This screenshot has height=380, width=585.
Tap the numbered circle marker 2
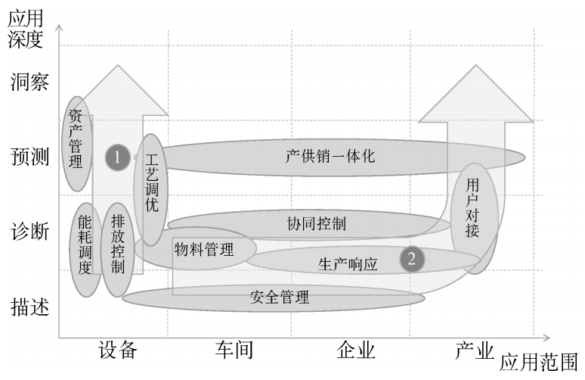click(412, 259)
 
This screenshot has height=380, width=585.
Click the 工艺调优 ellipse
click(151, 189)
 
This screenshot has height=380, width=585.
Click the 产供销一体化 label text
click(330, 157)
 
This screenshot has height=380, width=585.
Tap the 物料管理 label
click(204, 250)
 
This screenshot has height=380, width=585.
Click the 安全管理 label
click(279, 297)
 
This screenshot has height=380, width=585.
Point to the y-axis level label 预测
click(29, 157)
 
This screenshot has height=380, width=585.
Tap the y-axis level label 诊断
click(29, 232)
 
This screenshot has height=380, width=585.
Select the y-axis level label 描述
click(29, 307)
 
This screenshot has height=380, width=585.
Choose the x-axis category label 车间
click(234, 350)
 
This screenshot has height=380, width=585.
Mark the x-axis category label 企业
click(356, 350)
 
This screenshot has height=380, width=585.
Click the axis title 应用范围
click(540, 360)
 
